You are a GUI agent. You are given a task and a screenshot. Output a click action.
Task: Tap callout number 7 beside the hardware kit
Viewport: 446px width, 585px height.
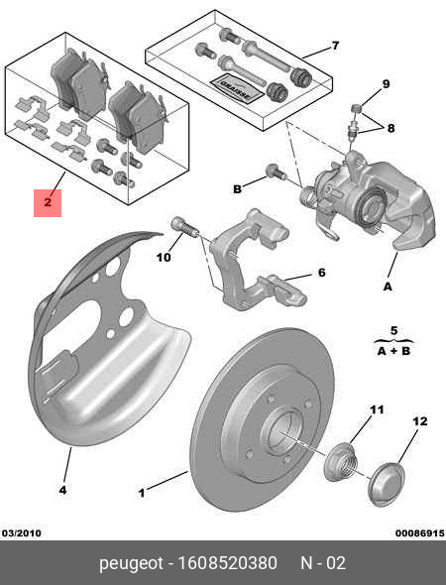334,46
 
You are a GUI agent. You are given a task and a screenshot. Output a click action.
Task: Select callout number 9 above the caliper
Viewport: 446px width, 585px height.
386,83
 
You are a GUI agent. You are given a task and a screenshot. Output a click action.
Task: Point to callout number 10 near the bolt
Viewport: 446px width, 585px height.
164,258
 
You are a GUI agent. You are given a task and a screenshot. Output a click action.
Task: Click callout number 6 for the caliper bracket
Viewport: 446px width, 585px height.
320,273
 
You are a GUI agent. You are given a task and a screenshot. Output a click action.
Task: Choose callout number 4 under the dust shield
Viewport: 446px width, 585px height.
62,489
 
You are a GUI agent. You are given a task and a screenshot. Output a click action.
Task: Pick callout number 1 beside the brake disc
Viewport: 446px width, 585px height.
141,491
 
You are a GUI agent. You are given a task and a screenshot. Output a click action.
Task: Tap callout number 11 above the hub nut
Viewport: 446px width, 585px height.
377,409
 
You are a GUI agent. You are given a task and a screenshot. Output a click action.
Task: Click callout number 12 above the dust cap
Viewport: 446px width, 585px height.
419,421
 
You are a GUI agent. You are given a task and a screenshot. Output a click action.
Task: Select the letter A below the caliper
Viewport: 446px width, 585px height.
388,286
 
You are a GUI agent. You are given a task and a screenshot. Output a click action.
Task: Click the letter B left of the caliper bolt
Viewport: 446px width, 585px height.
237,188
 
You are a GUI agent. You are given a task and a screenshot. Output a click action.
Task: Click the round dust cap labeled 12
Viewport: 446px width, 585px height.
387,485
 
